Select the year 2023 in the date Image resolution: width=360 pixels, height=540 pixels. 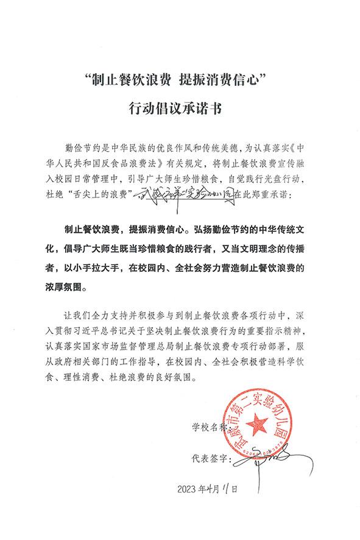[x=189, y=489]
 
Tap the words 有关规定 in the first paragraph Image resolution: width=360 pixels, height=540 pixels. [x=185, y=164]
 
